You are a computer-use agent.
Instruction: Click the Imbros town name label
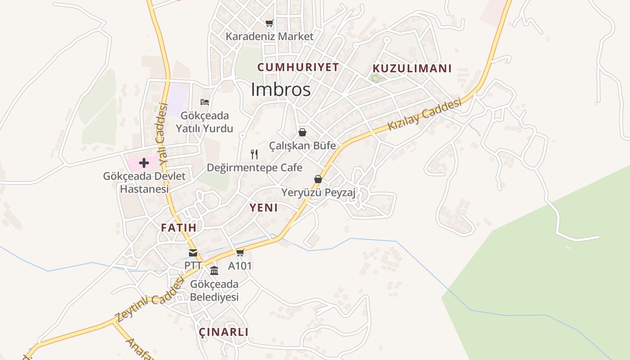(x=280, y=90)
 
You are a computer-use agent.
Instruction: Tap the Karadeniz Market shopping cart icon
(x=269, y=23)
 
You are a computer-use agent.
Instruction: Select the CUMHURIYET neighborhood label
(x=298, y=67)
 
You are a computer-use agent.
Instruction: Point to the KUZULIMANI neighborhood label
(x=412, y=68)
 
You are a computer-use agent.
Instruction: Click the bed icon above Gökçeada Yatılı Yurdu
(x=205, y=102)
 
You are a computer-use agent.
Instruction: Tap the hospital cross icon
(x=144, y=162)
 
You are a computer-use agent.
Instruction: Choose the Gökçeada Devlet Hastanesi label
(x=144, y=182)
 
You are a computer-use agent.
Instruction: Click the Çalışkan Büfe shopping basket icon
(x=302, y=132)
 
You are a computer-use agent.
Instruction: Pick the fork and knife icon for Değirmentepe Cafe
(x=254, y=154)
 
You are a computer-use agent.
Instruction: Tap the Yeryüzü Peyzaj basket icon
(x=318, y=179)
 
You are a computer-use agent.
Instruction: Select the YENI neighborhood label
(x=263, y=207)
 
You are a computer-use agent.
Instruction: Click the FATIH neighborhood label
(x=179, y=228)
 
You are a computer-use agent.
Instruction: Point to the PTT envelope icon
(x=193, y=253)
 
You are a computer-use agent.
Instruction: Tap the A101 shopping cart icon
(x=240, y=253)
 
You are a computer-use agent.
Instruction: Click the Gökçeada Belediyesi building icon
(x=214, y=271)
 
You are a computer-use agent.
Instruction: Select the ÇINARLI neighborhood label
(x=224, y=332)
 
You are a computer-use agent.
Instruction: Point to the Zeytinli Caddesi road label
(x=150, y=300)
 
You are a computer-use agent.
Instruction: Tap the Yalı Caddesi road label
(x=162, y=133)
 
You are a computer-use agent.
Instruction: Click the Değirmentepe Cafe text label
(x=254, y=168)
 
